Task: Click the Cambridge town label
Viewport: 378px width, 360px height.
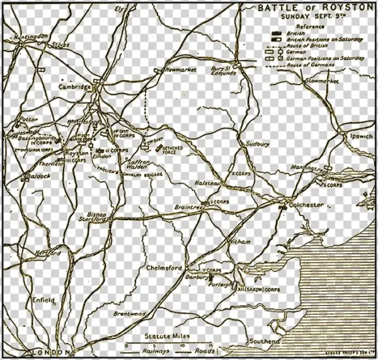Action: [74, 86]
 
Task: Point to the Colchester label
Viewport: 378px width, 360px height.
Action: [305, 205]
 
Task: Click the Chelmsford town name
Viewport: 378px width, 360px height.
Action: [164, 268]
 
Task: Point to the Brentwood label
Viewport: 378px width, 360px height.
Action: [130, 313]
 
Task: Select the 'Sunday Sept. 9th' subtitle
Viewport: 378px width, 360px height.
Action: [313, 17]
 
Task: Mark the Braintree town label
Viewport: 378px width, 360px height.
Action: [188, 207]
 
